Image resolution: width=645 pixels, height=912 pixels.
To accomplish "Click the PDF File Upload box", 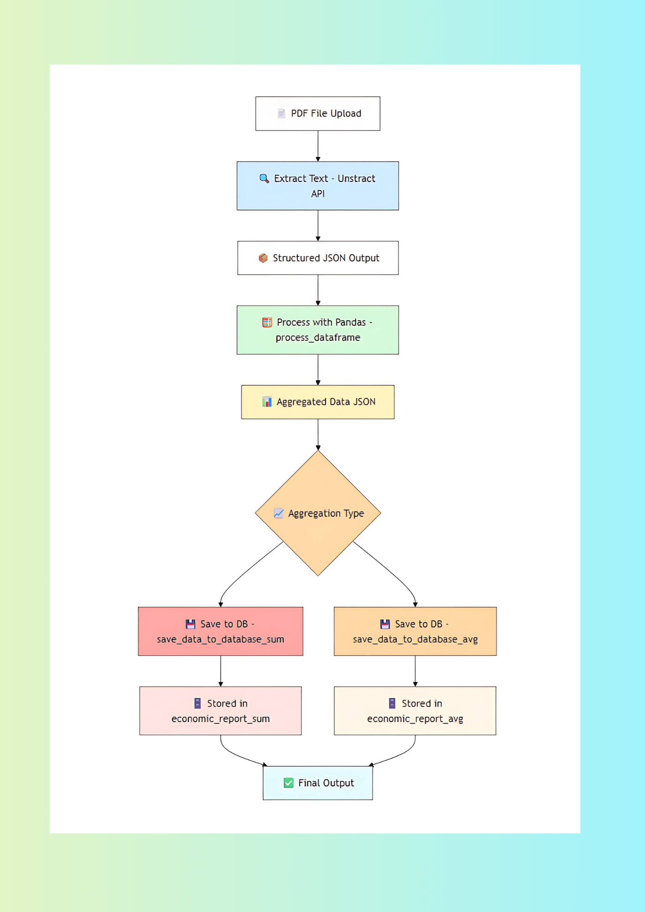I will pos(317,114).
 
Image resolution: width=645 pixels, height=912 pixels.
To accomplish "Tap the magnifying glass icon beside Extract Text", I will pos(264,178).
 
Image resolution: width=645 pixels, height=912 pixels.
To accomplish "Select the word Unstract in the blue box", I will pos(356,178).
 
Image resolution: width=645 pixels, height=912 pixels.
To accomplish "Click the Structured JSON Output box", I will pos(317,258).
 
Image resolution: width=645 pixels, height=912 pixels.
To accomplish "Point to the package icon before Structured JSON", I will pos(263,258).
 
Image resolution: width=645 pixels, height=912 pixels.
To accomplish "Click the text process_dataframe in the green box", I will pos(317,337).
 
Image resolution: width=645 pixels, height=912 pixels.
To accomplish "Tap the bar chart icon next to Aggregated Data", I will pos(267,402).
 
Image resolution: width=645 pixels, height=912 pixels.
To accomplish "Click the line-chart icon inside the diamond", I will pos(278,513).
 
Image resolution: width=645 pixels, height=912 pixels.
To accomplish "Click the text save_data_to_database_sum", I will pos(220,639).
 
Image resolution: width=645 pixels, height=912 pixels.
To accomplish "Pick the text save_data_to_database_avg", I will pos(415,639).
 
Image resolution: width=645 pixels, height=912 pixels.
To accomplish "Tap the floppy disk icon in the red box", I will pos(190,624).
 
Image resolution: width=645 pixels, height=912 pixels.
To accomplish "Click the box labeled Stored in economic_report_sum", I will pos(220,710).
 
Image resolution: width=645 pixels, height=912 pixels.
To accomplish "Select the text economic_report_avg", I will pos(415,719).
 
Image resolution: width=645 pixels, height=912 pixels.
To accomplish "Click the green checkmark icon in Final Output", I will pos(288,783).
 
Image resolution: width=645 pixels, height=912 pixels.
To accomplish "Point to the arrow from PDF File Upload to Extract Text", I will pos(318,146).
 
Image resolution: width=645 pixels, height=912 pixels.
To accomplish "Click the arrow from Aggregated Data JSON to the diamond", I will pos(318,434).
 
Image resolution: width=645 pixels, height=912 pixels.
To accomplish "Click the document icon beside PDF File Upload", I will pos(281,114).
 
